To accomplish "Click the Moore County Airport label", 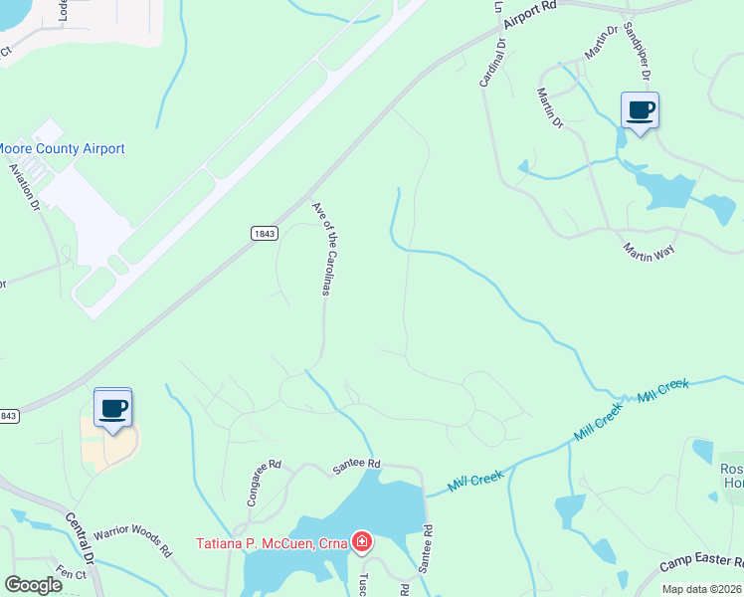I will coord(62,149).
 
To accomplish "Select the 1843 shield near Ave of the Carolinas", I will coord(264,232).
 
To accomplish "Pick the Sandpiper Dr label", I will coord(637,51).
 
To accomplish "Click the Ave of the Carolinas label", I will coord(320,249).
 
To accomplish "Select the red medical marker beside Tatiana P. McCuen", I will coord(363,542).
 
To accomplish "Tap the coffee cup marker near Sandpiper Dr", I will coord(640,109).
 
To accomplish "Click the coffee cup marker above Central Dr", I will coord(112,407).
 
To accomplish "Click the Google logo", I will coord(33,585).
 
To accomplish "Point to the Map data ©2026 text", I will coord(702,589).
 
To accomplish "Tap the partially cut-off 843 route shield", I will coord(8,416).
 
